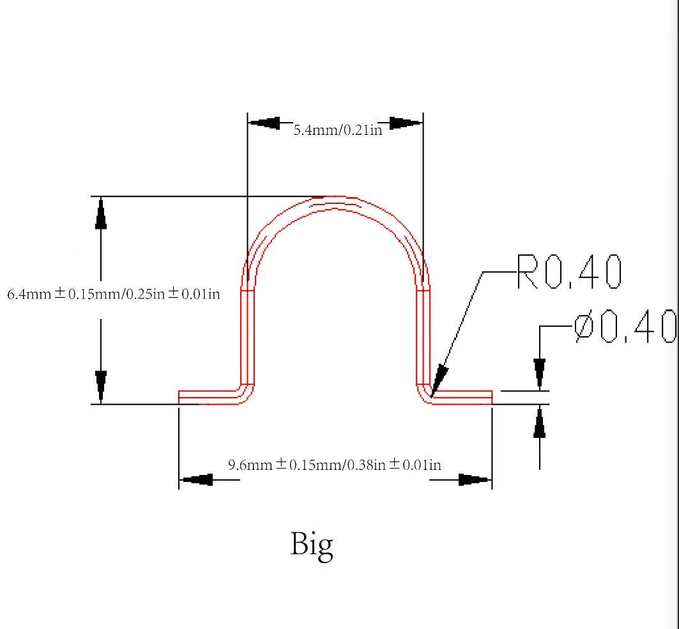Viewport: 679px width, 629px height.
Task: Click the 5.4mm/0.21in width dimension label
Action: [337, 130]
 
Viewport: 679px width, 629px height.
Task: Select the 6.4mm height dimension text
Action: [114, 294]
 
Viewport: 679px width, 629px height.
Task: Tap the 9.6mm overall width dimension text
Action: [335, 465]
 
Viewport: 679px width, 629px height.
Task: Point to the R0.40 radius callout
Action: [568, 272]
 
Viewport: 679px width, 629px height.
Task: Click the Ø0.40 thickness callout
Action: [625, 327]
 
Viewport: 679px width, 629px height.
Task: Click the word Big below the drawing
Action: [312, 545]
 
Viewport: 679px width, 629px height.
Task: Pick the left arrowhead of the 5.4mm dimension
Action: [264, 123]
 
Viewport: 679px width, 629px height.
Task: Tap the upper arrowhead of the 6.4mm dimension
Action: [101, 214]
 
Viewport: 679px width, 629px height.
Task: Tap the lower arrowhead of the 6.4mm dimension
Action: [101, 386]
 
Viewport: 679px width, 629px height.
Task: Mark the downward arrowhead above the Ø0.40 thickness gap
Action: [540, 374]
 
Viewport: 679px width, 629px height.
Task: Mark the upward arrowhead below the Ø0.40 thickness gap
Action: [540, 422]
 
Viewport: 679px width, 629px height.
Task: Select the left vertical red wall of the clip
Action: [247, 336]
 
